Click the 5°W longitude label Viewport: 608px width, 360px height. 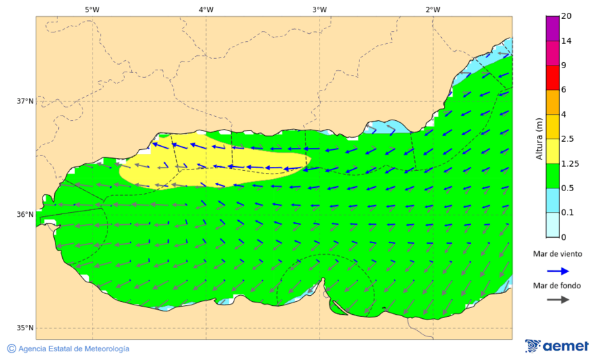tap(92, 9)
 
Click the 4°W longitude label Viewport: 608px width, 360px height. tap(206, 9)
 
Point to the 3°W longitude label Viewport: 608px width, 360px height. tap(320, 9)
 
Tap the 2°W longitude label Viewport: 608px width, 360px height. tap(433, 9)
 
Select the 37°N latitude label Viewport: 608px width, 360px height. tap(25, 101)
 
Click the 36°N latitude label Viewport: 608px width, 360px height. tap(25, 215)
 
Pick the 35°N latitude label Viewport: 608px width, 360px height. tap(25, 328)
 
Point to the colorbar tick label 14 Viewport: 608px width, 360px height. tap(566, 41)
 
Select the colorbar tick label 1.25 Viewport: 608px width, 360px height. tap(570, 163)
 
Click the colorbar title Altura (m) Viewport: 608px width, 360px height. tap(539, 139)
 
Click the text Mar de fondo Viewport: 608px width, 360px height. tap(557, 285)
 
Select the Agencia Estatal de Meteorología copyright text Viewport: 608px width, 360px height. tap(68, 349)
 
